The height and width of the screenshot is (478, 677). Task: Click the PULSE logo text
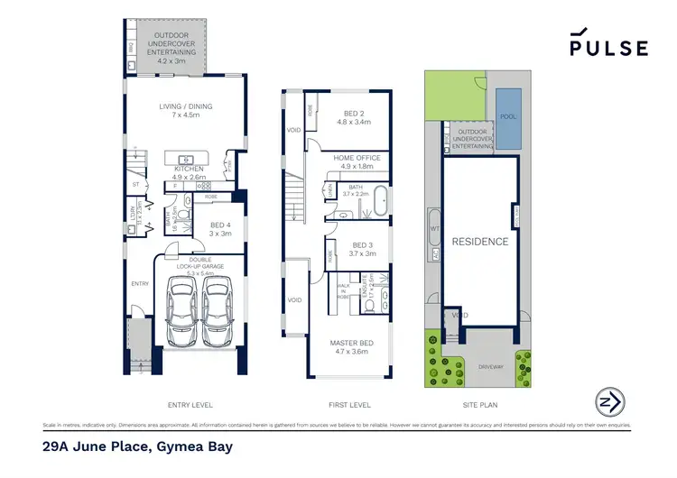click(608, 49)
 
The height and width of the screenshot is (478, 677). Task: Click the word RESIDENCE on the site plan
click(479, 242)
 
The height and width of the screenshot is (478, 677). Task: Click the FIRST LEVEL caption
click(337, 406)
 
